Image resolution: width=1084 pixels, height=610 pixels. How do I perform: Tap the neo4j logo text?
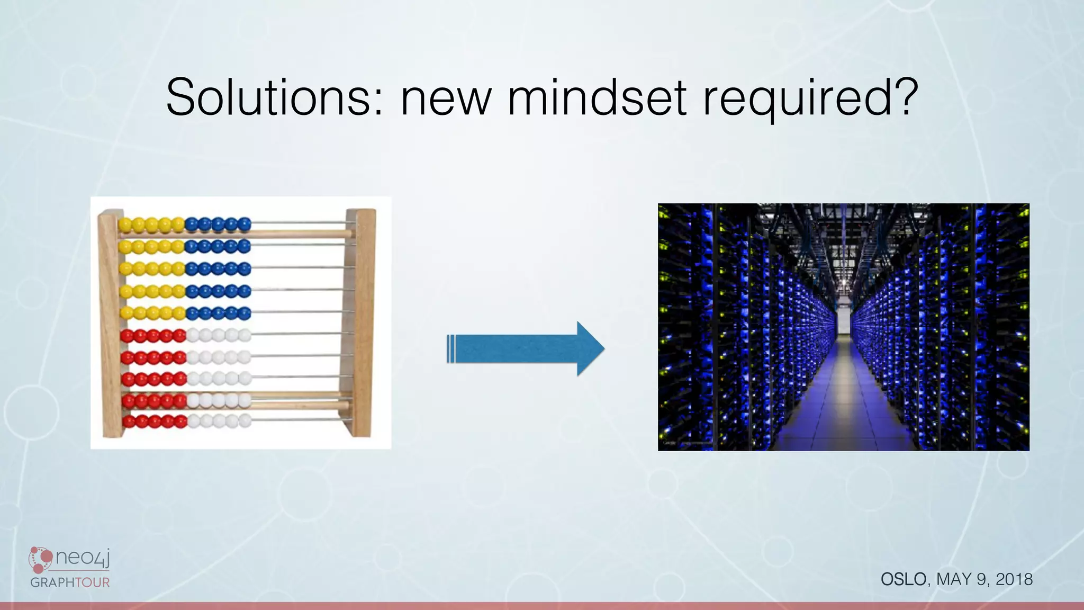82,558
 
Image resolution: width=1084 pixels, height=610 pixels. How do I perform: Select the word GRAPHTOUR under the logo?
70,582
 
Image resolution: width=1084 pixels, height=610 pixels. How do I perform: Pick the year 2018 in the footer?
1014,579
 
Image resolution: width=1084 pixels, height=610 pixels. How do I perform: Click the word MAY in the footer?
954,579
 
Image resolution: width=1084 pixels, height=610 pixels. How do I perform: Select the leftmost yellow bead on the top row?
125,225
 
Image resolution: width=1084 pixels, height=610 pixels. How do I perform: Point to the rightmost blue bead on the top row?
244,225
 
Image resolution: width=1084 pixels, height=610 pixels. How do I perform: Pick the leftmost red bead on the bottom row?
128,422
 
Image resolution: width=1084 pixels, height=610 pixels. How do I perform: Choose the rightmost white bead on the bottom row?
245,421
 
